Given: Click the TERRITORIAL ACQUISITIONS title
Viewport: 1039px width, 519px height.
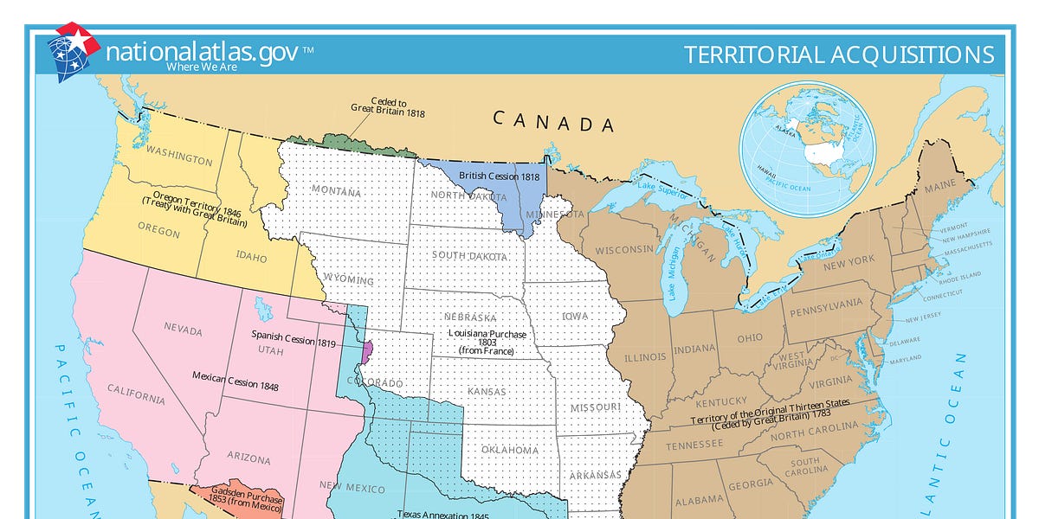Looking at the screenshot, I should [x=838, y=54].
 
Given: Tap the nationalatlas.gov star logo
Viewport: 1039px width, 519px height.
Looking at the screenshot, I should [x=74, y=50].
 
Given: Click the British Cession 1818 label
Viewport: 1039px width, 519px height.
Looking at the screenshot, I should [x=499, y=176].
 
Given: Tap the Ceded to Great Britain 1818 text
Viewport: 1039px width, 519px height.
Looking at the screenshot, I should [x=387, y=106].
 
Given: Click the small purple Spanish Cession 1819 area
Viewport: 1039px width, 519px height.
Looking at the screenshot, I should [x=367, y=350].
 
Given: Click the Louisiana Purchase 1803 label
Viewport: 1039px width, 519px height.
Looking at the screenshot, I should [x=487, y=342].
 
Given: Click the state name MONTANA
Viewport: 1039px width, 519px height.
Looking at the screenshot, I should [x=336, y=190].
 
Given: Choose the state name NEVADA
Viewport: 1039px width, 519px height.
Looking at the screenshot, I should [x=183, y=330].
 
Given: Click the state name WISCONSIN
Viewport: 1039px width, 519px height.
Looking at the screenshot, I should [x=623, y=250].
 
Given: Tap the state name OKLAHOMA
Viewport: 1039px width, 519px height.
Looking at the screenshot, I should [x=511, y=450].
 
